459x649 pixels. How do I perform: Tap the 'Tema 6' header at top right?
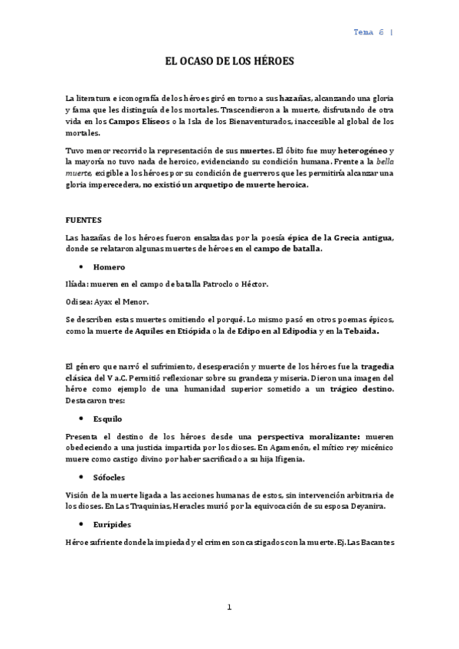(369, 32)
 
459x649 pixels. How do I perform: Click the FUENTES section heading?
(84, 220)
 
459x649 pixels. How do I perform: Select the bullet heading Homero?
(110, 267)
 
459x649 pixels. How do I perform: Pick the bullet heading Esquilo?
(107, 419)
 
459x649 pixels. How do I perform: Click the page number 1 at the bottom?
(228, 607)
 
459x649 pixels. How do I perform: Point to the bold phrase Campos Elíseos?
(139, 121)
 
